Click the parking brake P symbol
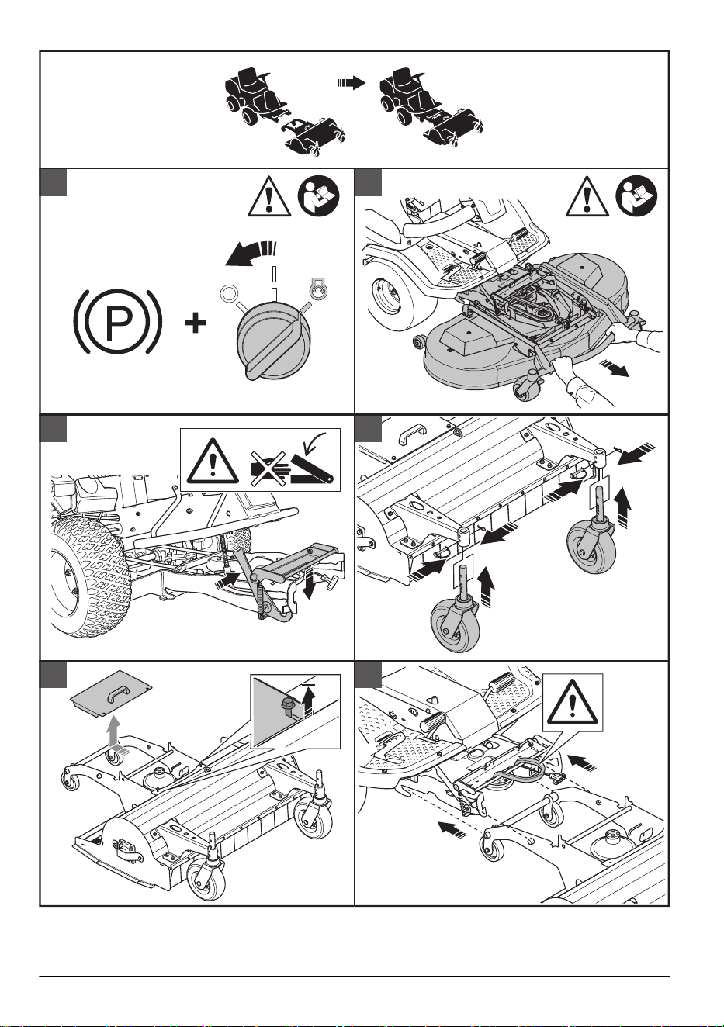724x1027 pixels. click(x=117, y=321)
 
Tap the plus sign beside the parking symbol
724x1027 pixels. click(x=196, y=323)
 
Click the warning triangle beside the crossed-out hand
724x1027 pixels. click(x=212, y=460)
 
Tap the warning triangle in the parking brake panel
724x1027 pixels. click(x=269, y=198)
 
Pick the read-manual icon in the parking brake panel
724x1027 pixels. click(x=319, y=198)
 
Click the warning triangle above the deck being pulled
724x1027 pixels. click(x=587, y=198)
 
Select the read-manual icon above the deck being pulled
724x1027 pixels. click(x=637, y=198)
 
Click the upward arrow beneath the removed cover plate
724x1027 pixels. click(x=114, y=734)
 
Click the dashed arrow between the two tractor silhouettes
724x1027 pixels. click(x=352, y=83)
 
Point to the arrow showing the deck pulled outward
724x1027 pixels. click(x=615, y=368)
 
